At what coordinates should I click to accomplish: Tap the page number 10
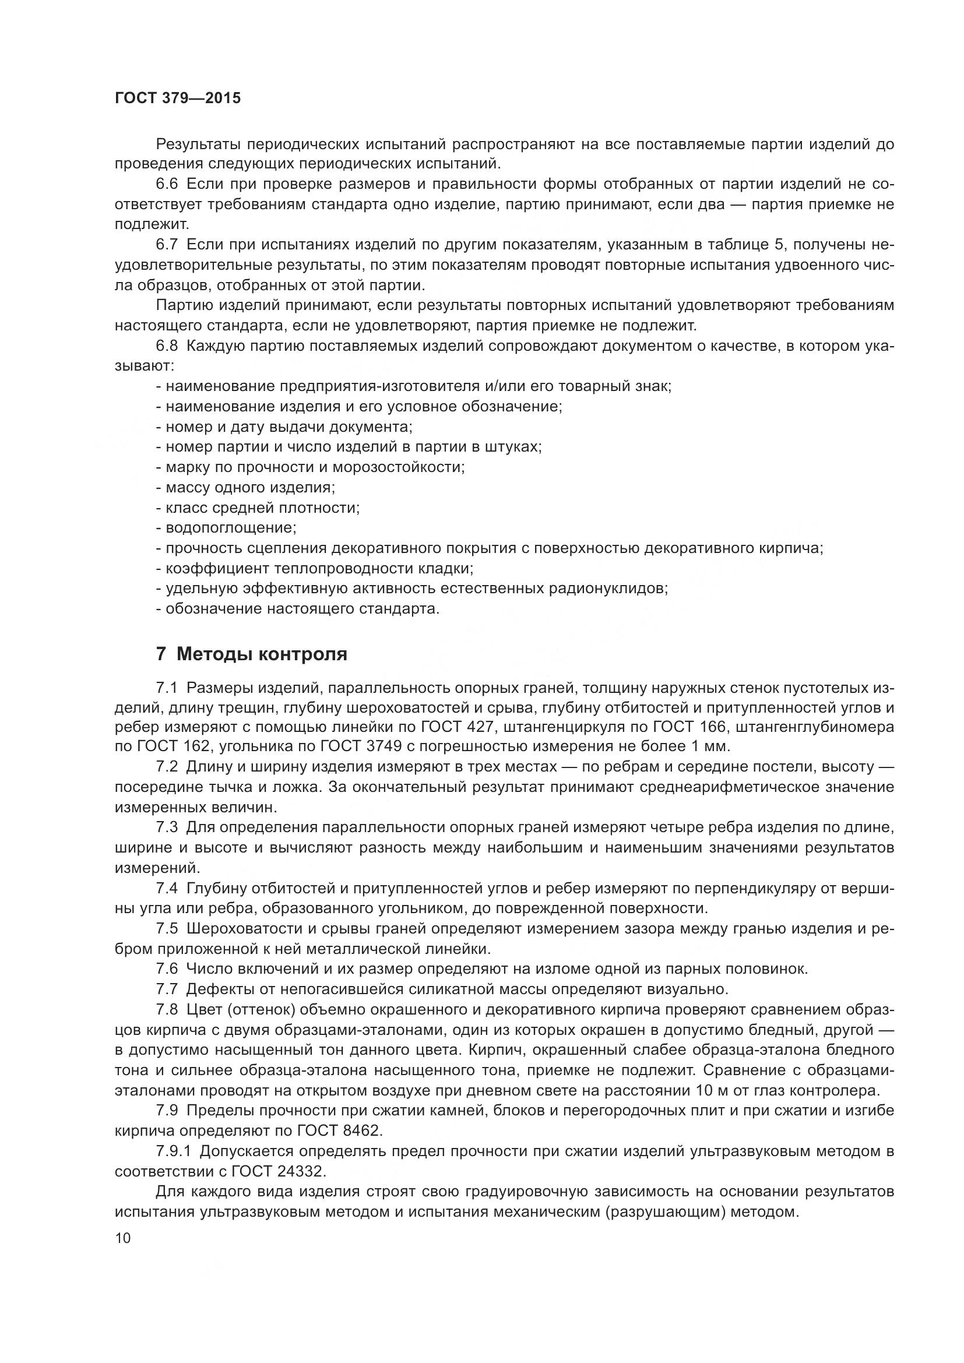click(x=123, y=1238)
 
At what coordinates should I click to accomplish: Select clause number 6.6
click(x=167, y=185)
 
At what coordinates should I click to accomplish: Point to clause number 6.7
click(x=167, y=245)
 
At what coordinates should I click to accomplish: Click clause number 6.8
click(x=167, y=346)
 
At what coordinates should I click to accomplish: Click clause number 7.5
click(x=167, y=928)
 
